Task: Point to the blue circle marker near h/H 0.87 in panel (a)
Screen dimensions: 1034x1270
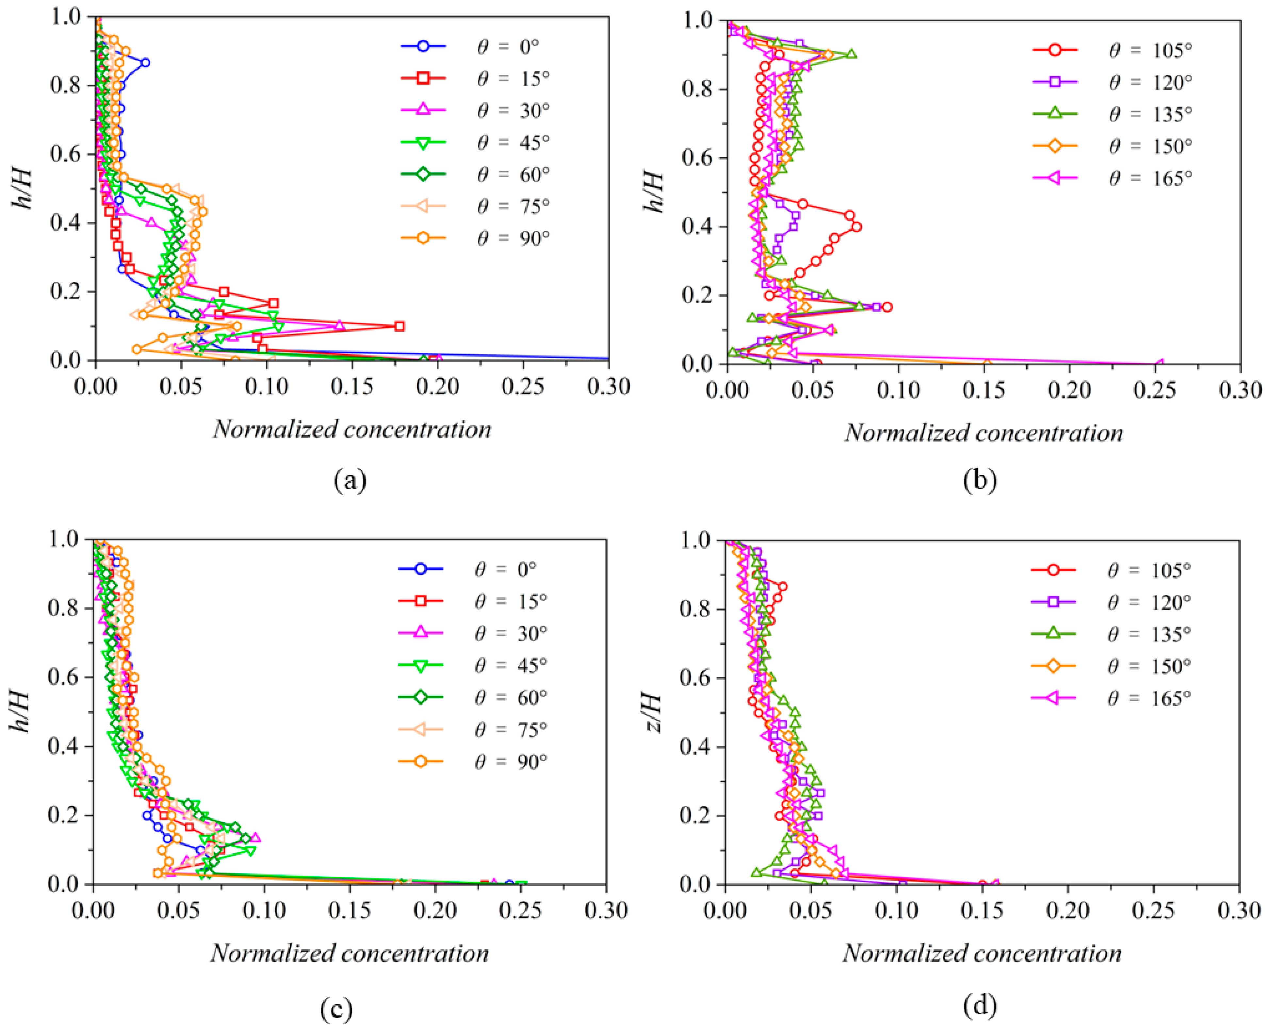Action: tap(145, 62)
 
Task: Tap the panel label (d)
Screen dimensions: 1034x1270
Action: tap(979, 1006)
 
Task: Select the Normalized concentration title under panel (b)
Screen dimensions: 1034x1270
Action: tap(984, 433)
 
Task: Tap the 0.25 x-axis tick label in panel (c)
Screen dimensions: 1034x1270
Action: tap(520, 911)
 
